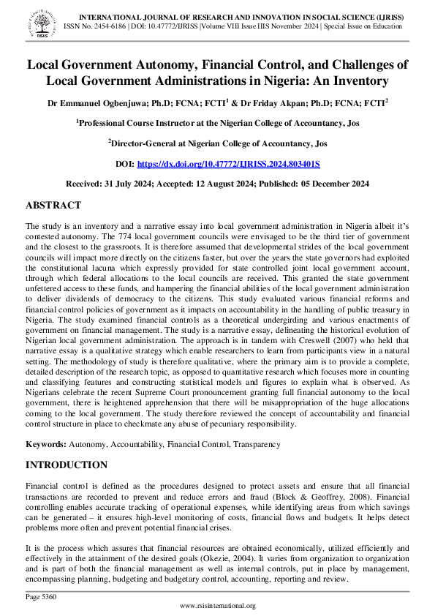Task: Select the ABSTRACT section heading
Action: pos(53,206)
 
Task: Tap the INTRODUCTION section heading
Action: pos(67,465)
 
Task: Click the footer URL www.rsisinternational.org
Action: pos(217,606)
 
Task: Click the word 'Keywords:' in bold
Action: pos(46,444)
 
